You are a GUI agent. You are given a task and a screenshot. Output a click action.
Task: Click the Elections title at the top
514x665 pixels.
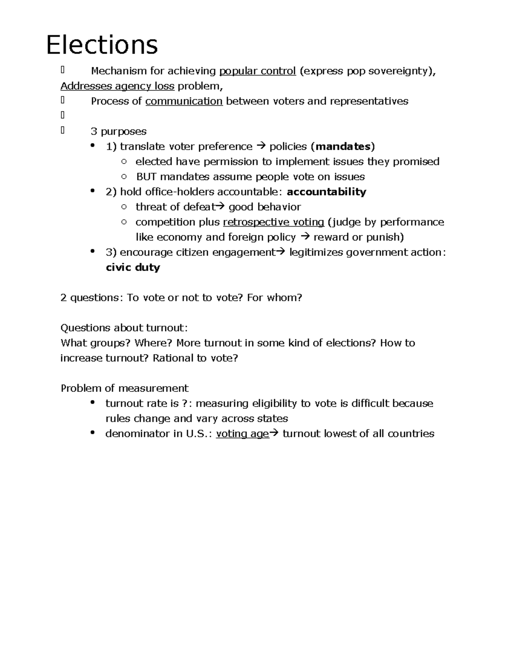[102, 45]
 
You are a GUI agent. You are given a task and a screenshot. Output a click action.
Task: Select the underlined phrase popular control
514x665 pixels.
[257, 71]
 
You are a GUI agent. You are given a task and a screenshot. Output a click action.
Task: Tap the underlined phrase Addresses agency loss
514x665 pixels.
[117, 86]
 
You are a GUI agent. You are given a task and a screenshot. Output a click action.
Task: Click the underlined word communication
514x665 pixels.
[184, 101]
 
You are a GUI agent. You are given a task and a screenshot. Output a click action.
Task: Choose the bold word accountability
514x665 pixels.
[326, 192]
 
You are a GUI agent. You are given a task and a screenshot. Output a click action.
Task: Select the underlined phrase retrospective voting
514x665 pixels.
[273, 222]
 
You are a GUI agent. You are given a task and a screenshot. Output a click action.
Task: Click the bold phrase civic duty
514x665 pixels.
[133, 268]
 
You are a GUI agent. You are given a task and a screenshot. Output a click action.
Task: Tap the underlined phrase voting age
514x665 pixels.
[242, 434]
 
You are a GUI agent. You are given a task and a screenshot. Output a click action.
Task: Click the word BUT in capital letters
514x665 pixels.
[146, 177]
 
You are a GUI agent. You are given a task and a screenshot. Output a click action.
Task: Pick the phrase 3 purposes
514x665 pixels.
[118, 131]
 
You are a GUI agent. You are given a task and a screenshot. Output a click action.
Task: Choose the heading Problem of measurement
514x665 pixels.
[124, 388]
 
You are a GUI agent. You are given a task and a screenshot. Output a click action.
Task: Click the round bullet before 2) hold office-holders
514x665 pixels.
[92, 191]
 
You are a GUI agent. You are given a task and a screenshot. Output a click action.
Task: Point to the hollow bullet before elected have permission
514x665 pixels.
[124, 161]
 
